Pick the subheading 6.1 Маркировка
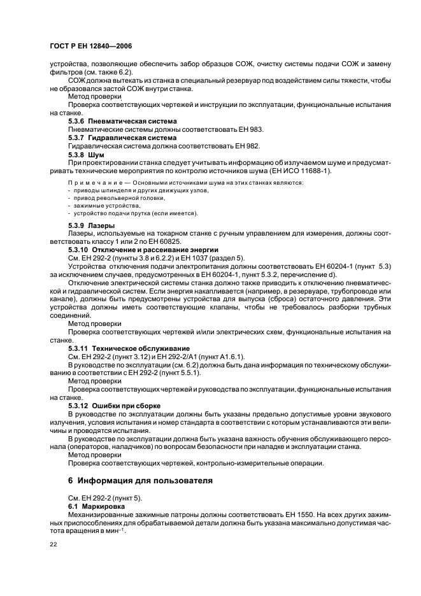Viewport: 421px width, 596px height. coord(95,505)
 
